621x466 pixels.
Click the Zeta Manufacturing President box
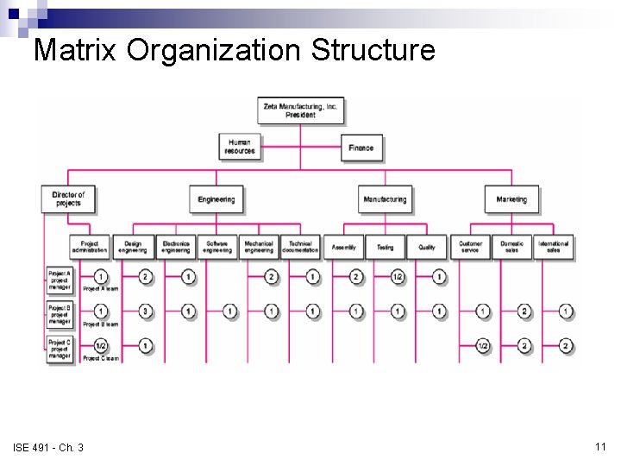pyautogui.click(x=300, y=110)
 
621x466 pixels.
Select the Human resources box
pyautogui.click(x=239, y=147)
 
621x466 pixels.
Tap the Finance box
pyautogui.click(x=361, y=148)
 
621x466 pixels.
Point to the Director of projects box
pyautogui.click(x=67, y=199)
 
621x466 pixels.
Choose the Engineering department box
pyautogui.click(x=216, y=199)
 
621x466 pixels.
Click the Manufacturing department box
pyautogui.click(x=385, y=199)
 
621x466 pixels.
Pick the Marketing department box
pyautogui.click(x=511, y=199)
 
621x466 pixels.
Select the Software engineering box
pyautogui.click(x=217, y=247)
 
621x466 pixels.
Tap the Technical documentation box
pyautogui.click(x=300, y=247)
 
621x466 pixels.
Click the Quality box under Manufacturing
pyautogui.click(x=427, y=247)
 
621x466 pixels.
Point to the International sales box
pyautogui.click(x=554, y=247)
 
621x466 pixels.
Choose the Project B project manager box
pyautogui.click(x=60, y=314)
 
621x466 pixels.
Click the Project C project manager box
pyautogui.click(x=60, y=349)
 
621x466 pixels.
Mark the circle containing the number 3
pyautogui.click(x=146, y=311)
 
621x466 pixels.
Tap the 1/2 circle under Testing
pyautogui.click(x=398, y=277)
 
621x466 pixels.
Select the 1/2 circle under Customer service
pyautogui.click(x=484, y=345)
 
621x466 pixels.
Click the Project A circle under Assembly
pyautogui.click(x=356, y=277)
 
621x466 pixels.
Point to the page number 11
pyautogui.click(x=600, y=446)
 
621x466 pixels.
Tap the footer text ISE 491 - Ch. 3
pyautogui.click(x=48, y=447)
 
